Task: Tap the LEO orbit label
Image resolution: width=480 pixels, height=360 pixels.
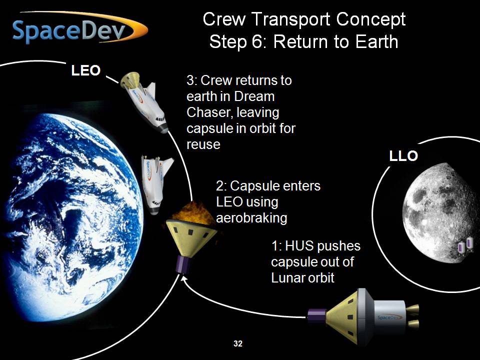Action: (85, 70)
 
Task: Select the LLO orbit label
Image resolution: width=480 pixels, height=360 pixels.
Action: (403, 156)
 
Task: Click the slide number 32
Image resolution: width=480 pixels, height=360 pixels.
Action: (238, 343)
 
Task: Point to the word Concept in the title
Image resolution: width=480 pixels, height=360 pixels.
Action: (370, 19)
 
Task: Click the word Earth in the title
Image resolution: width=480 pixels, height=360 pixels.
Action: (376, 42)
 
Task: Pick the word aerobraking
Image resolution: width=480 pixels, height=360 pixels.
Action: (251, 218)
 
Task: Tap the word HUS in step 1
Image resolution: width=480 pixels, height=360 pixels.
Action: (298, 246)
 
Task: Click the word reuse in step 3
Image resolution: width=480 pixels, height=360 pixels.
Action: (203, 144)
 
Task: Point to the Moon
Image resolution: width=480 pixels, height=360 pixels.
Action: (441, 213)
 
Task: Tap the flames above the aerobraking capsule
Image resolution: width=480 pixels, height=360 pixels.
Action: (193, 213)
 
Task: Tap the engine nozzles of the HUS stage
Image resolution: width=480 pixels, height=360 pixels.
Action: (413, 316)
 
